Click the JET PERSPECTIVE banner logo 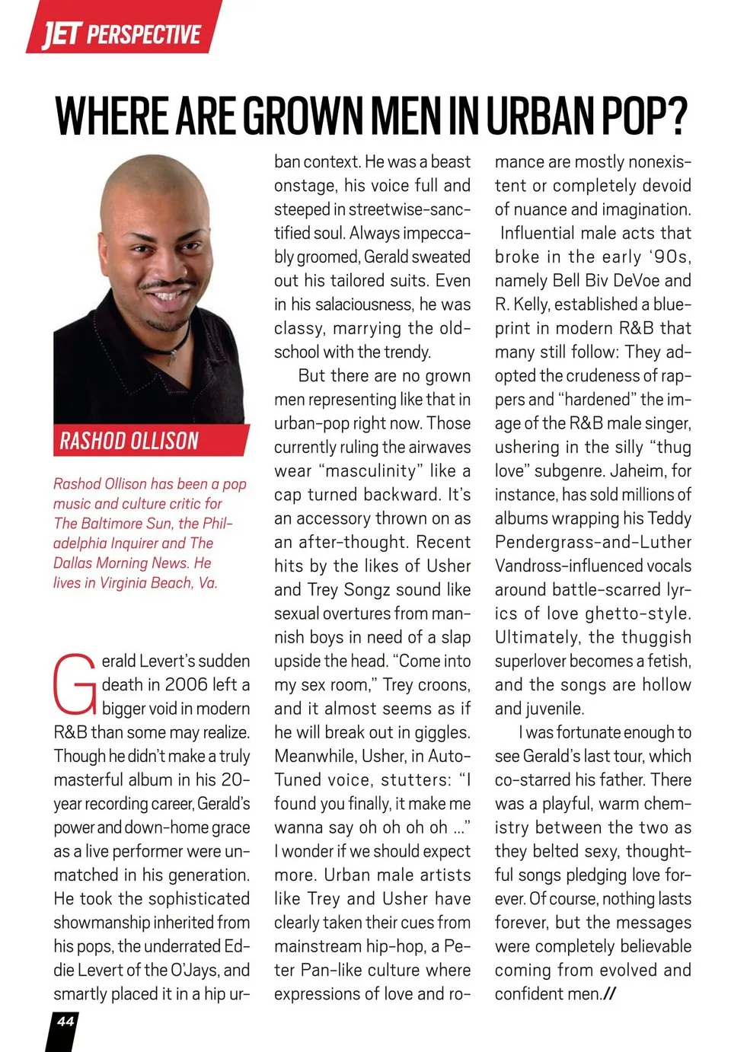pos(122,33)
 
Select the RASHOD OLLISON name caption pos(129,441)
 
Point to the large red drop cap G pos(75,684)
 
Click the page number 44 pos(65,1022)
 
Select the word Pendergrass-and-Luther pos(593,542)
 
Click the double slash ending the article pos(608,993)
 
